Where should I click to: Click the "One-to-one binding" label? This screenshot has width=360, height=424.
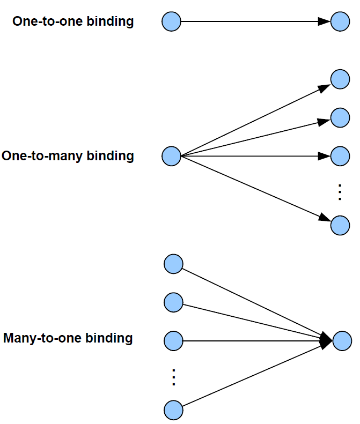tap(73, 21)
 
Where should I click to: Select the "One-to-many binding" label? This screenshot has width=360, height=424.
tap(68, 156)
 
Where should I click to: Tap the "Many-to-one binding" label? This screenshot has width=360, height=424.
tap(68, 338)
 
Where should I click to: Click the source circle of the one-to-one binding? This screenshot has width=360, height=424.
tap(172, 22)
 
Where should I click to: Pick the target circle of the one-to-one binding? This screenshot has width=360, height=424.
tap(340, 22)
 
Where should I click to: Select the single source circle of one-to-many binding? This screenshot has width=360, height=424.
tap(172, 156)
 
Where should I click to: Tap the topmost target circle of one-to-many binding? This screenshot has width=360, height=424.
tap(340, 79)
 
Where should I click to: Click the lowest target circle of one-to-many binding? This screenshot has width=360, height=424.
tap(340, 226)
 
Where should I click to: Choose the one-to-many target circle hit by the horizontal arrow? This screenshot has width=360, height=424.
tap(340, 156)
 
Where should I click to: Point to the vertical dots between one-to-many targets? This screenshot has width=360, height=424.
tap(339, 192)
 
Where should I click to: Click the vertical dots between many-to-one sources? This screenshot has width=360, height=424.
tap(173, 377)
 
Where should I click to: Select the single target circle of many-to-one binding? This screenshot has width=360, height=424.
tap(342, 340)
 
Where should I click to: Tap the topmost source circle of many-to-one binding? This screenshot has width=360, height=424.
tap(173, 264)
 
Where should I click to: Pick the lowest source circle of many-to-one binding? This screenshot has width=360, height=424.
tap(173, 410)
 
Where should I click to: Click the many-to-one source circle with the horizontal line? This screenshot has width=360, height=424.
tap(173, 340)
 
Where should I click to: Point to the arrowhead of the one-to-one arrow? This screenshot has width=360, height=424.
tap(324, 22)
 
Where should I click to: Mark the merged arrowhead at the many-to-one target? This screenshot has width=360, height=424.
tap(326, 340)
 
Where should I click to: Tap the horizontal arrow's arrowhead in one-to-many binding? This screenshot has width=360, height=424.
tap(324, 156)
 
